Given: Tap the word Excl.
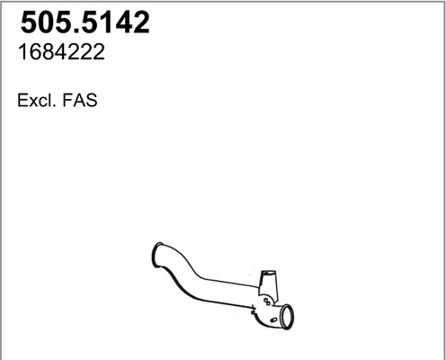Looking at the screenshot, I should pos(34,102).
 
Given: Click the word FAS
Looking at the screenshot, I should pos(79,102).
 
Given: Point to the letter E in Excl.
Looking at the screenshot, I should pos(22,102).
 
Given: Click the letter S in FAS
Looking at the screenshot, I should pos(90,102).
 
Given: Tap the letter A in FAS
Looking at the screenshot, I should pos(79,102).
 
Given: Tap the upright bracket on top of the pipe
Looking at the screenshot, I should pos(267,283).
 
